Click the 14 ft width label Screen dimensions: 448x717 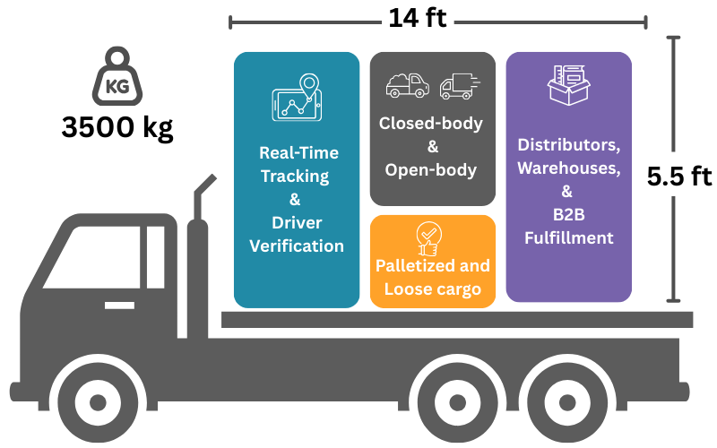click(x=418, y=18)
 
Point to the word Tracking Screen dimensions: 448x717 click(x=295, y=176)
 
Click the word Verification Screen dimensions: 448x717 click(x=297, y=246)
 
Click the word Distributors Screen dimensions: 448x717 click(x=568, y=144)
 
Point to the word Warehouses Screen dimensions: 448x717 click(x=568, y=168)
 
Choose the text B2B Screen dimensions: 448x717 click(x=568, y=215)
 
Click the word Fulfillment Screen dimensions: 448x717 click(x=568, y=238)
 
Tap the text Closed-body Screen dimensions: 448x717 click(x=431, y=124)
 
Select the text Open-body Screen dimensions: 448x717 click(x=431, y=169)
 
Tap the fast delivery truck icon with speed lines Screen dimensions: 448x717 click(x=458, y=86)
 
